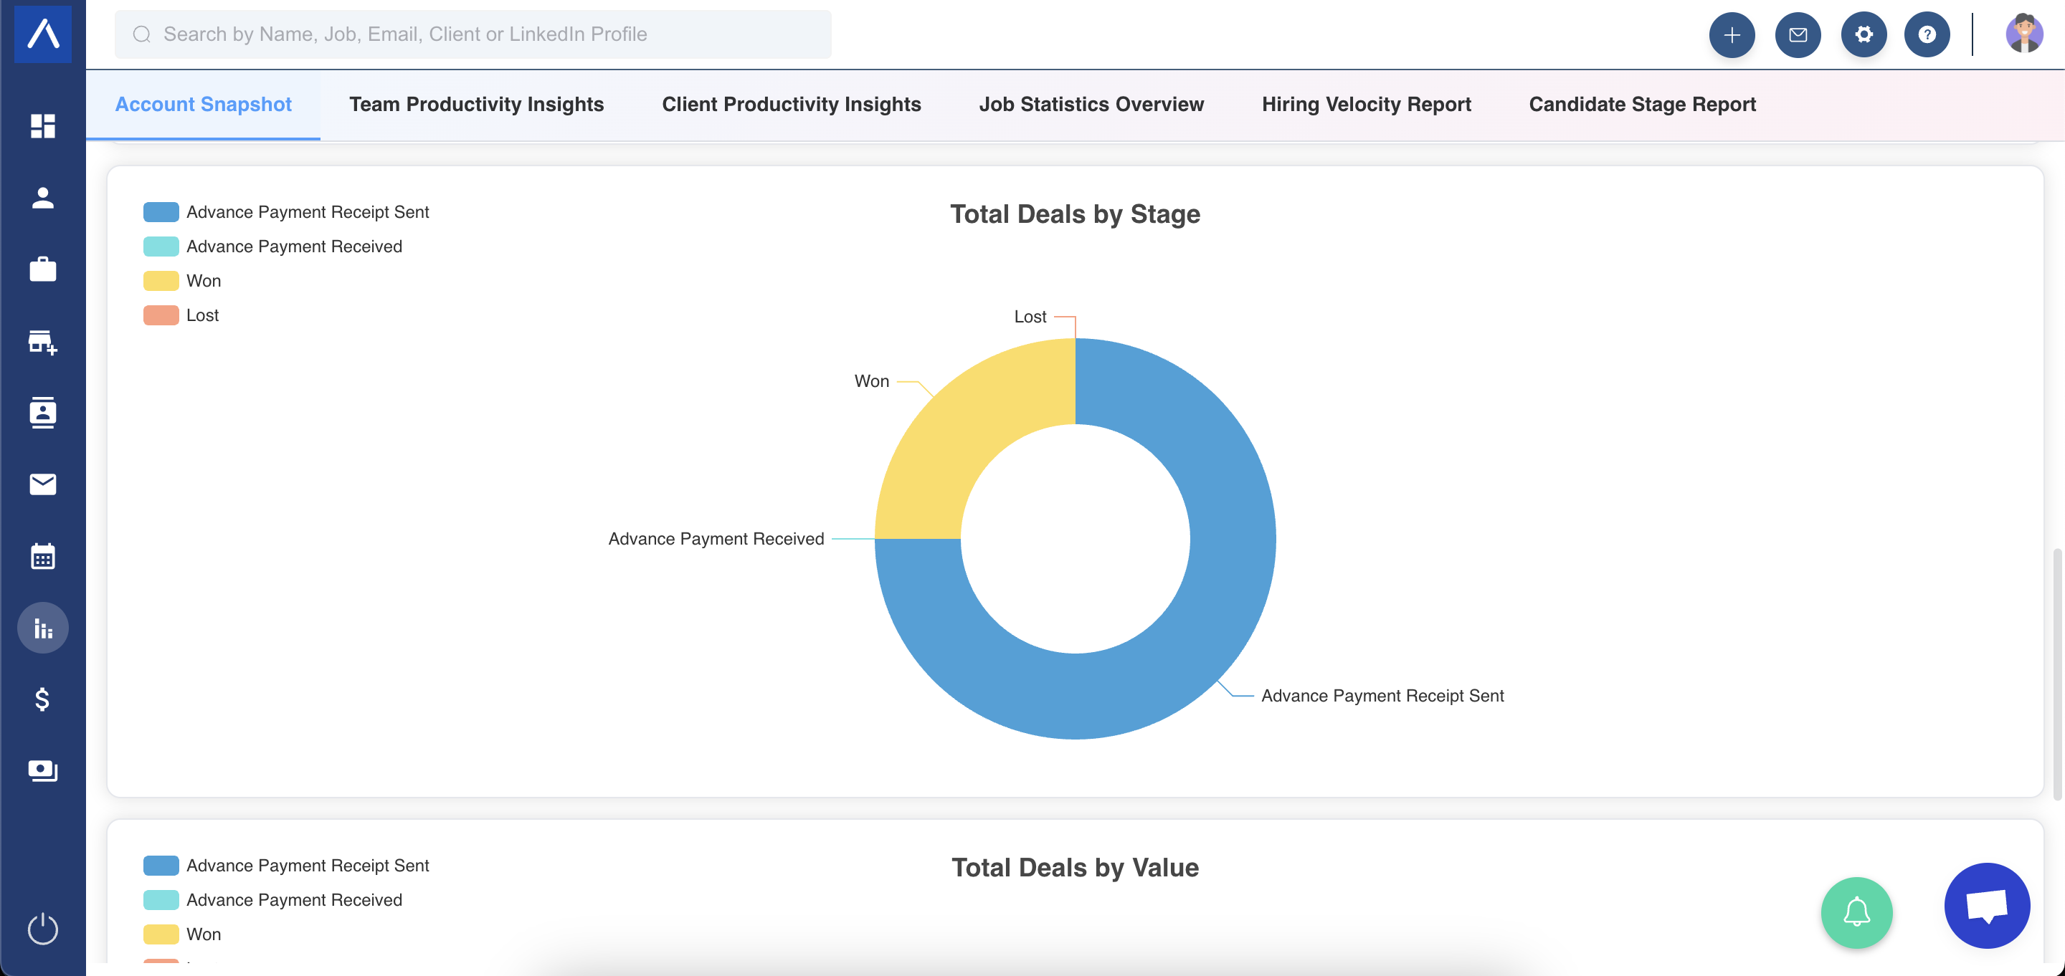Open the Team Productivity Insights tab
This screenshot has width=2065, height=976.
point(476,104)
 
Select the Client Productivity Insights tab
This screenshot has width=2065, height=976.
point(791,104)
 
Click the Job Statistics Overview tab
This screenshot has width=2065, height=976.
point(1091,104)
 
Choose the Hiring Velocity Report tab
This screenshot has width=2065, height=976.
point(1366,104)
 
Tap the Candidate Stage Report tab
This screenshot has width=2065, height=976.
point(1642,104)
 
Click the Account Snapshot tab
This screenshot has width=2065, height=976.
point(203,104)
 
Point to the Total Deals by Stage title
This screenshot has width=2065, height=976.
point(1075,214)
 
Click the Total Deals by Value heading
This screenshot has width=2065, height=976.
point(1075,867)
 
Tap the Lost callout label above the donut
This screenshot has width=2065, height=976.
point(1030,317)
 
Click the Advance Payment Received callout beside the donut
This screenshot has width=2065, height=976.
point(716,538)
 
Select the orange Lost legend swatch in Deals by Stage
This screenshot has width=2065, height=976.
point(161,315)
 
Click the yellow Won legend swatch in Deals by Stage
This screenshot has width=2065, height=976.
point(161,280)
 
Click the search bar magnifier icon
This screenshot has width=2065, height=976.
point(142,34)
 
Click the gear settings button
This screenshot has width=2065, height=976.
point(1864,34)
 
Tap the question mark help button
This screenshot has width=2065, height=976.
point(1927,34)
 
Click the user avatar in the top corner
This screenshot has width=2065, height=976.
point(2024,34)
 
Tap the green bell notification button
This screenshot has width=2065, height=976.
point(1856,913)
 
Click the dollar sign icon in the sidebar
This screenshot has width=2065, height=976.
point(42,699)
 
